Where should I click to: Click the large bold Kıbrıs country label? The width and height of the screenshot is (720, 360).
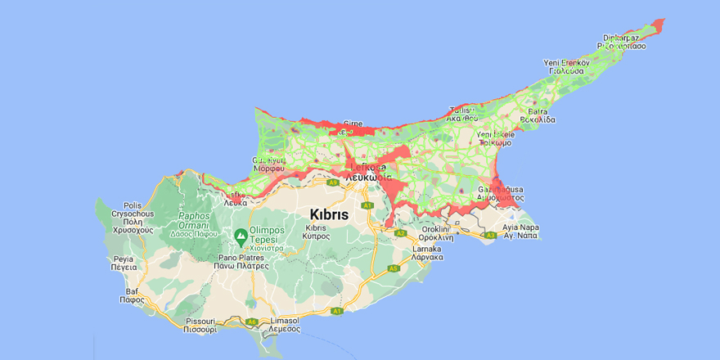[329, 213]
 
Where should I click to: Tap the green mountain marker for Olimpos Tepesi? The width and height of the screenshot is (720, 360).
[241, 237]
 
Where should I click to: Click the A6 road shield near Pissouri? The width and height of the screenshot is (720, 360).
[252, 322]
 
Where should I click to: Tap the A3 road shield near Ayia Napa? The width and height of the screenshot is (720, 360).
[490, 236]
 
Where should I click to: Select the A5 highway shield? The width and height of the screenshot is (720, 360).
[394, 268]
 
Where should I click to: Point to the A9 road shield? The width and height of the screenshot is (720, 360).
[332, 184]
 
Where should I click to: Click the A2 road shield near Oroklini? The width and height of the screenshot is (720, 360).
[401, 233]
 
